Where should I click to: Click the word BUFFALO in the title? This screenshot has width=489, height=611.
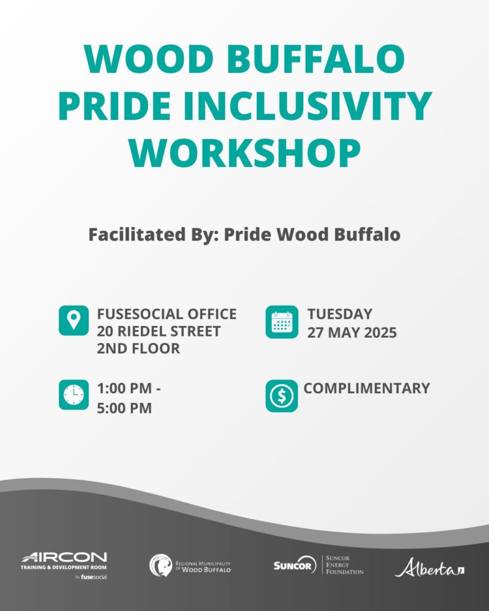pos(316,59)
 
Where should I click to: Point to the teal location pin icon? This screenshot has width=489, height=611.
pos(73,320)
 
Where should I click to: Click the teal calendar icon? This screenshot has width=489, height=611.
pos(282,322)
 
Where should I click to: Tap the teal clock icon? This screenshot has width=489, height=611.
pos(73,395)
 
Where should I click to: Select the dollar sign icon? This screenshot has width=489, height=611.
pos(282,396)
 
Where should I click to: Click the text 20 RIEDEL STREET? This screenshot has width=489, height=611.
pos(159,331)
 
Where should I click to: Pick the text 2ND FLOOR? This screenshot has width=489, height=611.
pos(139,348)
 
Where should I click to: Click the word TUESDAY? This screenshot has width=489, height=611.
pos(340,314)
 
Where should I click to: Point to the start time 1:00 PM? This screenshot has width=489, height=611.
pos(124,388)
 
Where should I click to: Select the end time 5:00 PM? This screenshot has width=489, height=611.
pos(124,408)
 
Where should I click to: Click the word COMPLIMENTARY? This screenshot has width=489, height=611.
pos(367,388)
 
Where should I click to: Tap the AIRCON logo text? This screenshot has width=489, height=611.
pos(64,557)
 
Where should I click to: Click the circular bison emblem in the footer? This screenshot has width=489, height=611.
pos(161,566)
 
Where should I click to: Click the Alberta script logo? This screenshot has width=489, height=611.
pos(430,567)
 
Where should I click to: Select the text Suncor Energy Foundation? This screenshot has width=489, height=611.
pos(345,565)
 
